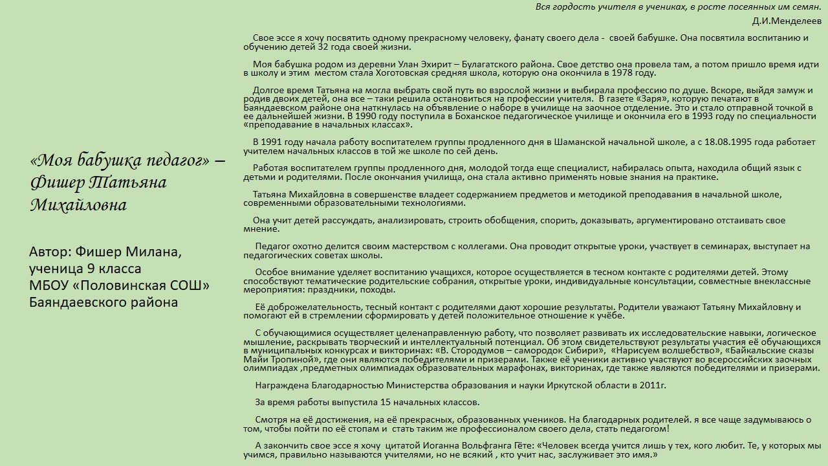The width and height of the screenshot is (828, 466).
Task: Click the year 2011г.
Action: click(653, 386)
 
